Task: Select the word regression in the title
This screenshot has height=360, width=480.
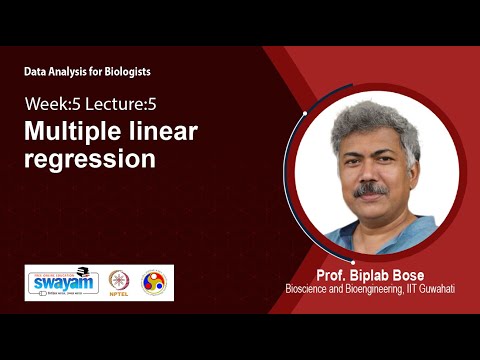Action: click(90, 158)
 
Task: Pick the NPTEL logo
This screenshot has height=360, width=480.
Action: click(119, 282)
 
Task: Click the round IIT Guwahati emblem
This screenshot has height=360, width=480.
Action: click(154, 282)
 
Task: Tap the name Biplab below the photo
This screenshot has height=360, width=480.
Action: click(368, 274)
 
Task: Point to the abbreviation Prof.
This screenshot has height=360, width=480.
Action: click(331, 274)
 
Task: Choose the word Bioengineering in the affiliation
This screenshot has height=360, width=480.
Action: click(378, 289)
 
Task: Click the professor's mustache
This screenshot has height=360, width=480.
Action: click(371, 189)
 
